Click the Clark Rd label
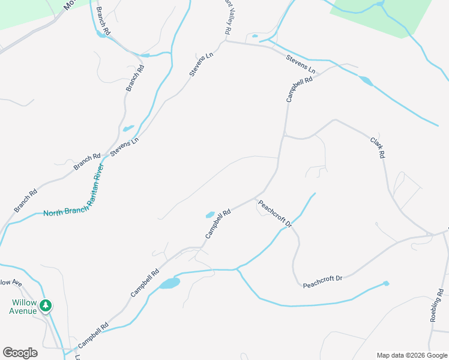pyautogui.click(x=377, y=148)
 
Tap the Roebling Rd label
pyautogui.click(x=438, y=305)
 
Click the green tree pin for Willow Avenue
pyautogui.click(x=46, y=306)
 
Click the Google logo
pyautogui.click(x=20, y=353)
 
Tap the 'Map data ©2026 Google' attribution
pyautogui.click(x=412, y=355)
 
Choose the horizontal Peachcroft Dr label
pyautogui.click(x=322, y=278)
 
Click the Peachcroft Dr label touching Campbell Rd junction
pyautogui.click(x=274, y=214)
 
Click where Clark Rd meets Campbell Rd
pyautogui.click(x=284, y=135)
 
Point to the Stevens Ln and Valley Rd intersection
pyautogui.click(x=226, y=41)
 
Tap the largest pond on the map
pyautogui.click(x=169, y=283)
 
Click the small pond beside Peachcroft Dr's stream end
pyautogui.click(x=386, y=283)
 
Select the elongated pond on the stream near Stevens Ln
pyautogui.click(x=365, y=80)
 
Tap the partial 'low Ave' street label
pyautogui.click(x=10, y=282)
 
